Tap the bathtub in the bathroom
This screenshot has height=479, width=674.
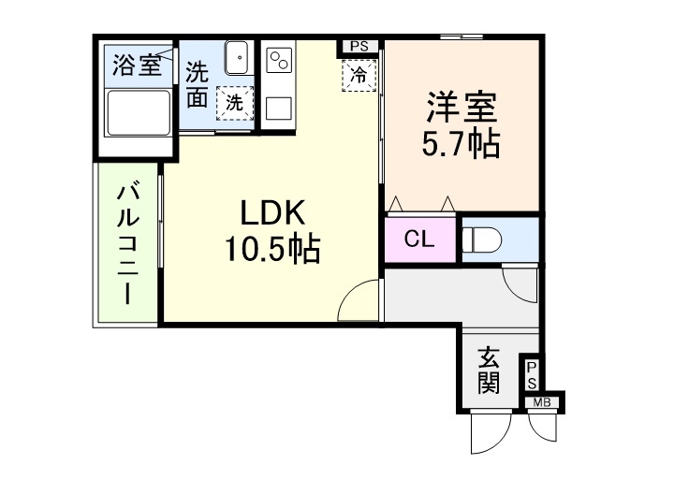(138, 115)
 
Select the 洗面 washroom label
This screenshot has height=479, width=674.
(197, 83)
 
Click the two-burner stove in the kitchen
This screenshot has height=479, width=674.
(279, 63)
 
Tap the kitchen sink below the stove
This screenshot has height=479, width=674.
(279, 107)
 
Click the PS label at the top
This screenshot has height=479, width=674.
(359, 46)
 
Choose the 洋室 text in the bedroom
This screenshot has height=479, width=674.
(462, 105)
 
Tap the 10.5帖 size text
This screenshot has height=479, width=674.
(271, 249)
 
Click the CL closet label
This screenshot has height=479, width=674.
(418, 239)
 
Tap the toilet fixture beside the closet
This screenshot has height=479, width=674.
(483, 239)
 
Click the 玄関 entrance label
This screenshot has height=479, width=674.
(488, 370)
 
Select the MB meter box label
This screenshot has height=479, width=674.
(541, 403)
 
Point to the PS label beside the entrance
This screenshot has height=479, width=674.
(531, 376)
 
